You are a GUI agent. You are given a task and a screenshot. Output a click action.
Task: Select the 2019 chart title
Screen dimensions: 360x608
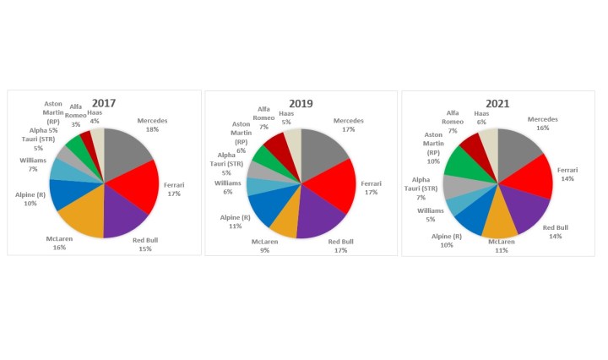[301, 103]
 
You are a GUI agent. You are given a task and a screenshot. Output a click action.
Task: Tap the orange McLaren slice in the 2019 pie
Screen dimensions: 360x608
[286, 222]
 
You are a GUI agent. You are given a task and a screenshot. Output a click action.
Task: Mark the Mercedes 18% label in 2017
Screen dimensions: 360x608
[152, 125]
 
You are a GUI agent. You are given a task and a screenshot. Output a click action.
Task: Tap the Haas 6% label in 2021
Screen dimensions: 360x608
[481, 118]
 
